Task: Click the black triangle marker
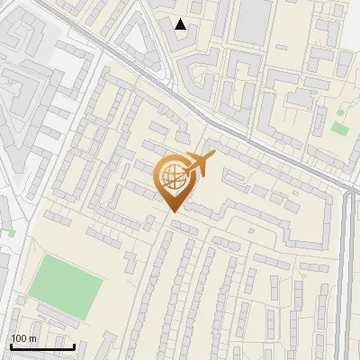point(182,24)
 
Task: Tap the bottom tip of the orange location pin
point(174,211)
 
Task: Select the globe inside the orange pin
point(175,178)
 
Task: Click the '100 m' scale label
point(23,338)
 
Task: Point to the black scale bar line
point(42,346)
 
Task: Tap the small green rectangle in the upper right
point(339,128)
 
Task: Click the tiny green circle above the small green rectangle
point(341,112)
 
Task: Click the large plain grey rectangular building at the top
point(253,20)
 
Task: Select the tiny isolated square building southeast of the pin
point(226,238)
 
